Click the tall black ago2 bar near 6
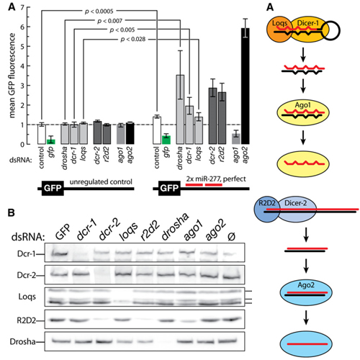coord(246,86)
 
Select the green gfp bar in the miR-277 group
coord(166,140)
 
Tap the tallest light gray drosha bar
coord(180,109)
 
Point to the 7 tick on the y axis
coord(22,7)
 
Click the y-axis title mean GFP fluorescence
coord(12,76)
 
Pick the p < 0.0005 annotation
coord(99,12)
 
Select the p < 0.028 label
coord(133,39)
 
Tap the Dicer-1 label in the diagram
coord(308,23)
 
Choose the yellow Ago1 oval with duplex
coord(303,113)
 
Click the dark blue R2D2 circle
coord(266,210)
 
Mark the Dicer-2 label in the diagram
coord(295,203)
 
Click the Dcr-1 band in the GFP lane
coord(59,253)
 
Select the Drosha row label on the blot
coord(22,342)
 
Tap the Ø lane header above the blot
coord(231,236)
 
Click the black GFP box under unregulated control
coord(53,189)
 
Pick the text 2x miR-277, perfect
coord(216,179)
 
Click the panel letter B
coord(11,213)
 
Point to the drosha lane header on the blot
coord(175,227)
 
